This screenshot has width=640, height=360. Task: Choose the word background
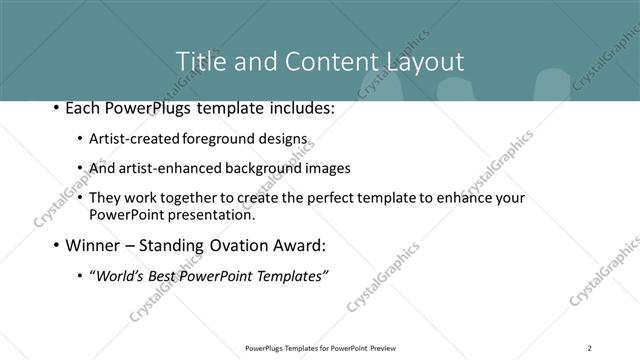[x=255, y=169]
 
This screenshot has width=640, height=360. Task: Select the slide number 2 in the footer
[x=590, y=348]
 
